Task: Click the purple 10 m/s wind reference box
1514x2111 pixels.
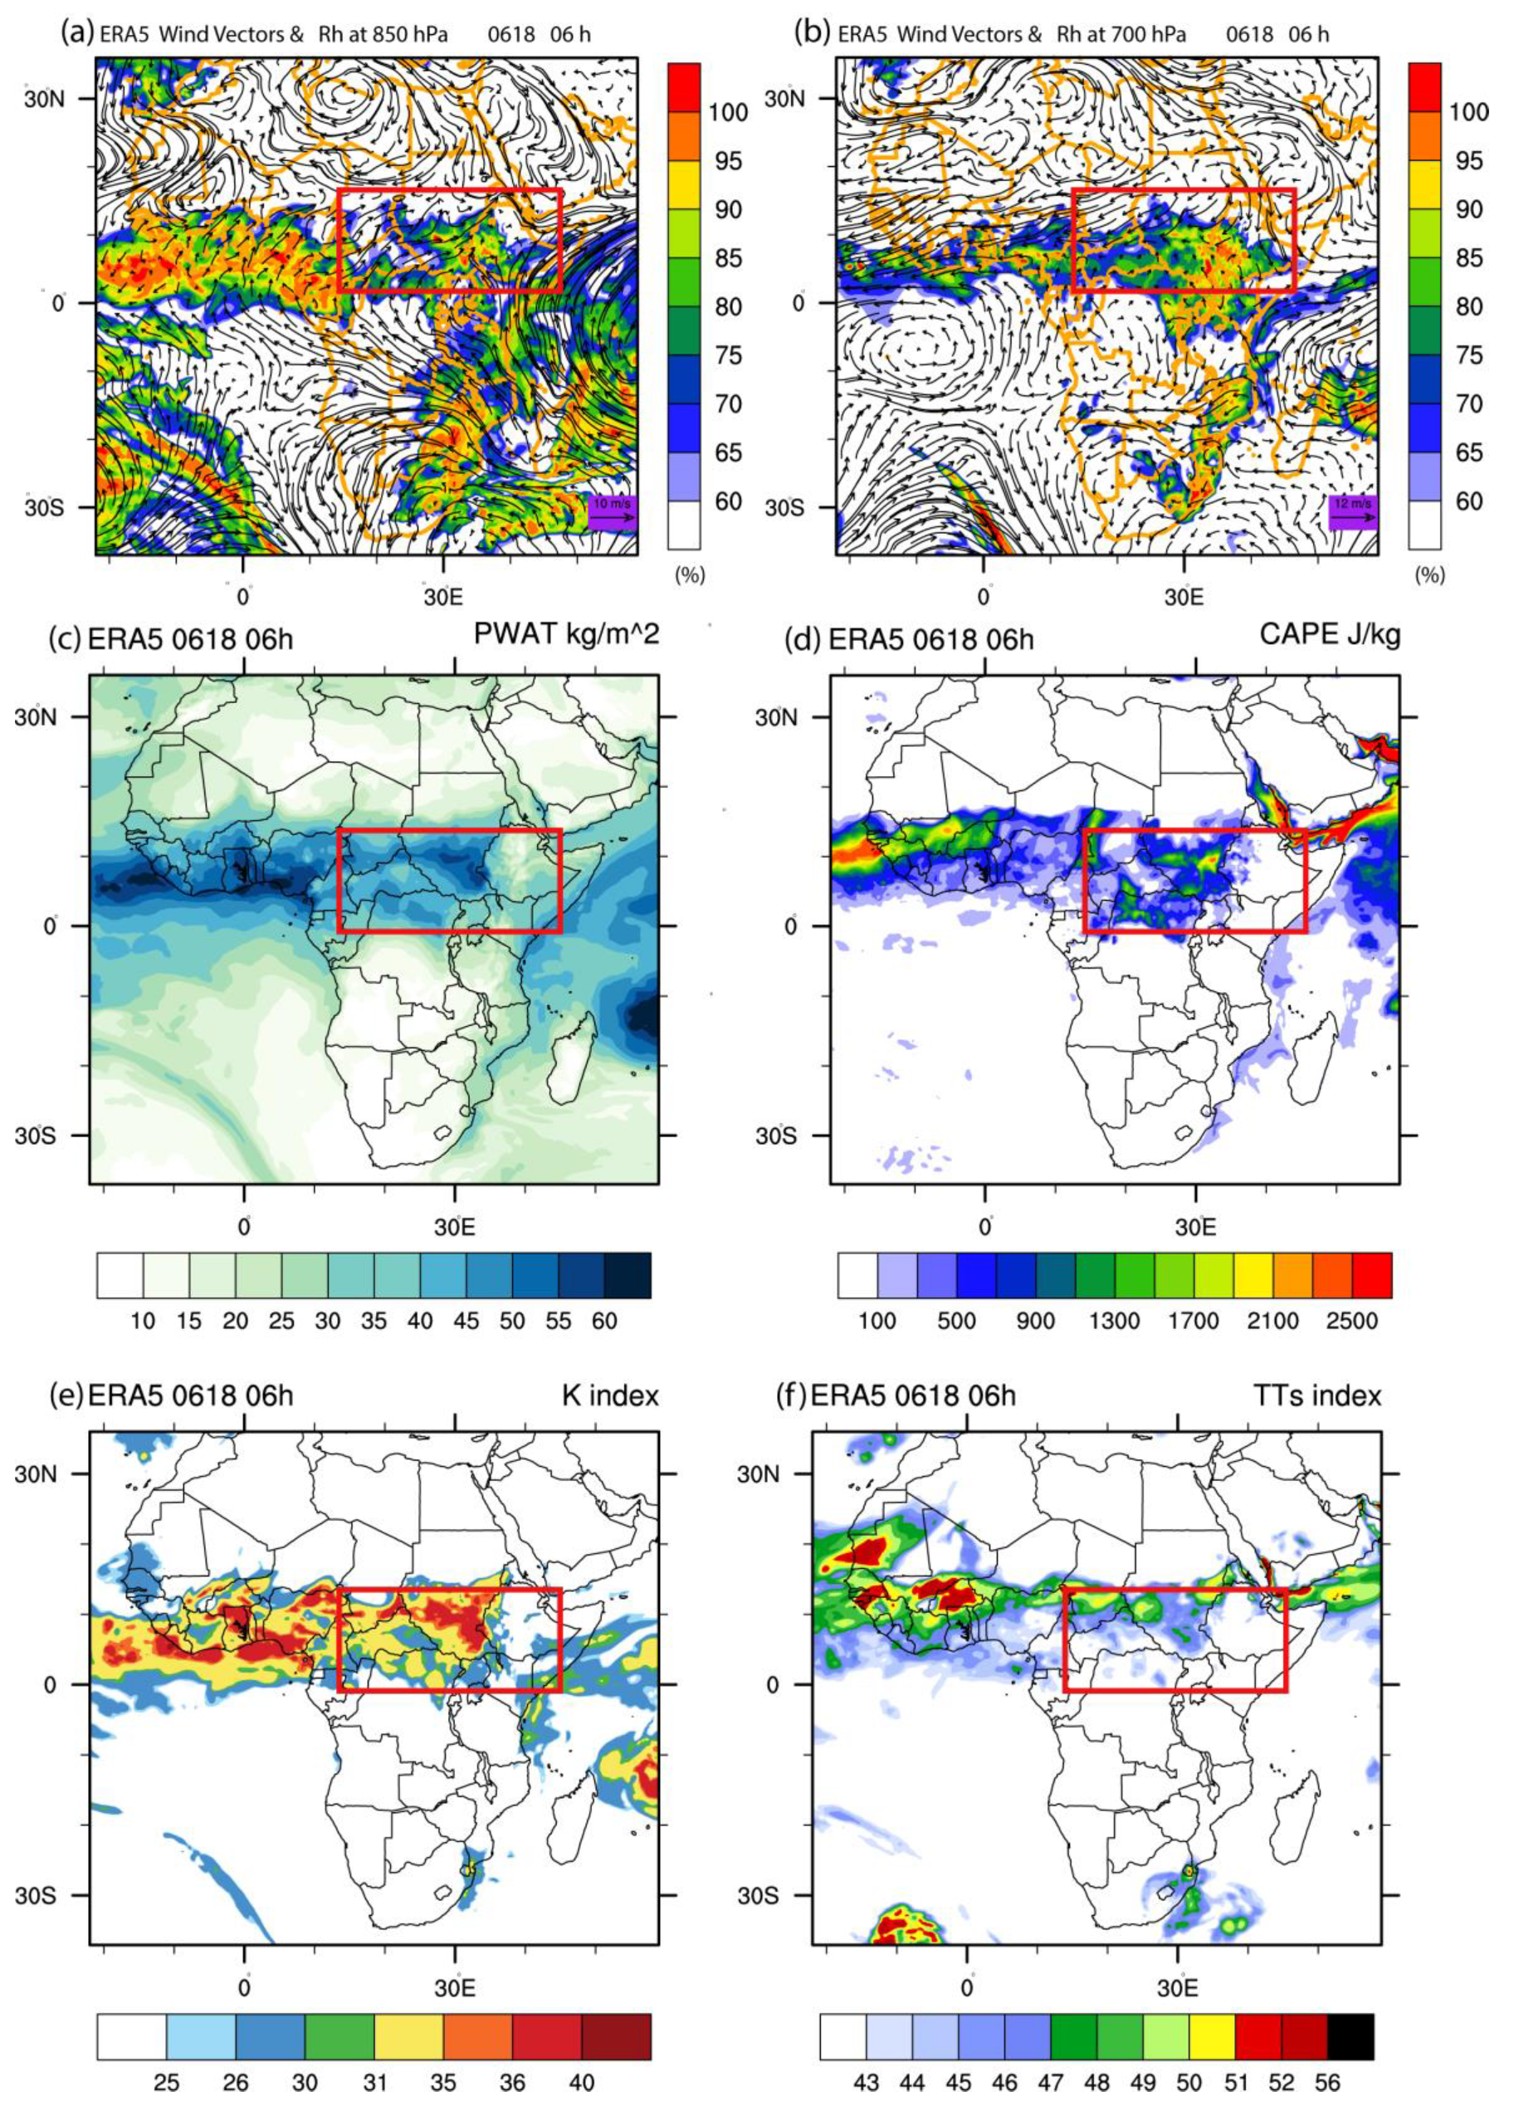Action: pyautogui.click(x=613, y=511)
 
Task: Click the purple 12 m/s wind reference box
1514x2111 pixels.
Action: pyautogui.click(x=1352, y=511)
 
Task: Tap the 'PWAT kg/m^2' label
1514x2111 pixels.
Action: pyautogui.click(x=566, y=634)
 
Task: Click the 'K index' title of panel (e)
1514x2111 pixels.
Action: pyautogui.click(x=609, y=1395)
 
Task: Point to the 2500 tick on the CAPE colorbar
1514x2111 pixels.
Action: pyautogui.click(x=1351, y=1321)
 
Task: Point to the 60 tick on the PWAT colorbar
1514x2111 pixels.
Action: pyautogui.click(x=604, y=1321)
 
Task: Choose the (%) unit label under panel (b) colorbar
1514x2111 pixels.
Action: pyautogui.click(x=1429, y=575)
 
